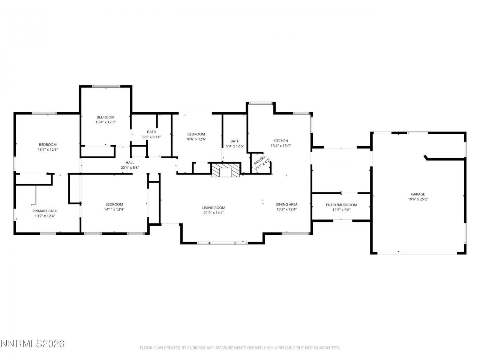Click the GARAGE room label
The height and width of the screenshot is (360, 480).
click(x=418, y=194)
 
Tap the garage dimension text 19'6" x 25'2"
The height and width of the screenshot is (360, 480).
click(x=418, y=199)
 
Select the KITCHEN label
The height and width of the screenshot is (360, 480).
click(x=280, y=141)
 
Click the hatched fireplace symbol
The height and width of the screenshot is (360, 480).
click(x=225, y=170)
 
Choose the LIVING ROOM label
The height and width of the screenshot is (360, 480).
click(x=214, y=208)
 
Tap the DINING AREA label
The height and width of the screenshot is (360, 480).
click(x=286, y=204)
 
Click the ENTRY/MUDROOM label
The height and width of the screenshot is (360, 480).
click(x=341, y=205)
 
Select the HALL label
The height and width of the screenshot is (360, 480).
click(x=130, y=162)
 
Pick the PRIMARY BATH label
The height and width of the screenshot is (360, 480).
click(x=45, y=211)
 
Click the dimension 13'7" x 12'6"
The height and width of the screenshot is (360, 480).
click(x=48, y=150)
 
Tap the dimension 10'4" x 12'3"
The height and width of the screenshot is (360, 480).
click(x=105, y=122)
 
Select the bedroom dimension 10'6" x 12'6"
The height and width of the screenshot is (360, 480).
click(x=196, y=139)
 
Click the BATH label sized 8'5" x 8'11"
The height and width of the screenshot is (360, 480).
click(x=151, y=132)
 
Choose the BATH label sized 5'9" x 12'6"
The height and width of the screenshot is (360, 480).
click(x=235, y=141)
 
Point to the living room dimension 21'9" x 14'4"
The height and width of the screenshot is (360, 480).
click(x=214, y=213)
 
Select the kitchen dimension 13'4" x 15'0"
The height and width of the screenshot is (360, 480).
click(x=280, y=146)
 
